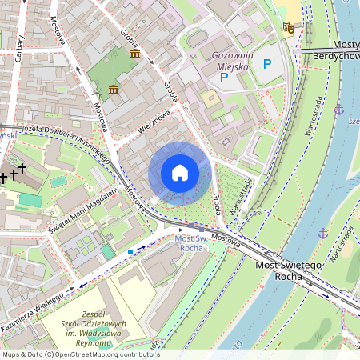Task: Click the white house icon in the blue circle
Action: [180, 173]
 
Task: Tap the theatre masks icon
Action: [289, 29]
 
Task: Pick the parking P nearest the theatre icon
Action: [267, 63]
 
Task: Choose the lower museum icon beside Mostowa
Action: [114, 89]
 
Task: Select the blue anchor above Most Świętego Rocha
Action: [323, 233]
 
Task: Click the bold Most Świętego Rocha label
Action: [289, 270]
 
